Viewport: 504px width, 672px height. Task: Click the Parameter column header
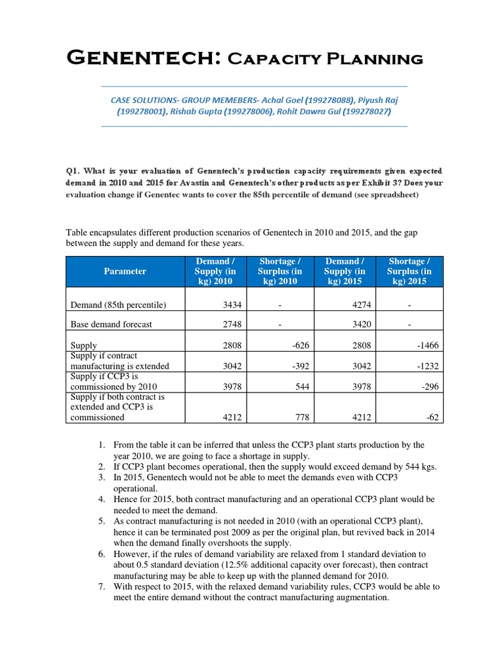[125, 271]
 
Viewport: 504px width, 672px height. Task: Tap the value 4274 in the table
[360, 304]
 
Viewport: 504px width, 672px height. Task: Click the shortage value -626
[295, 345]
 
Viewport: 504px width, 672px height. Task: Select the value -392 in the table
[295, 366]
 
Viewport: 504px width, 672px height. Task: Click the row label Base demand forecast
[111, 324]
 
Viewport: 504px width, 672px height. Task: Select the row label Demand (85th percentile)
[118, 304]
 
